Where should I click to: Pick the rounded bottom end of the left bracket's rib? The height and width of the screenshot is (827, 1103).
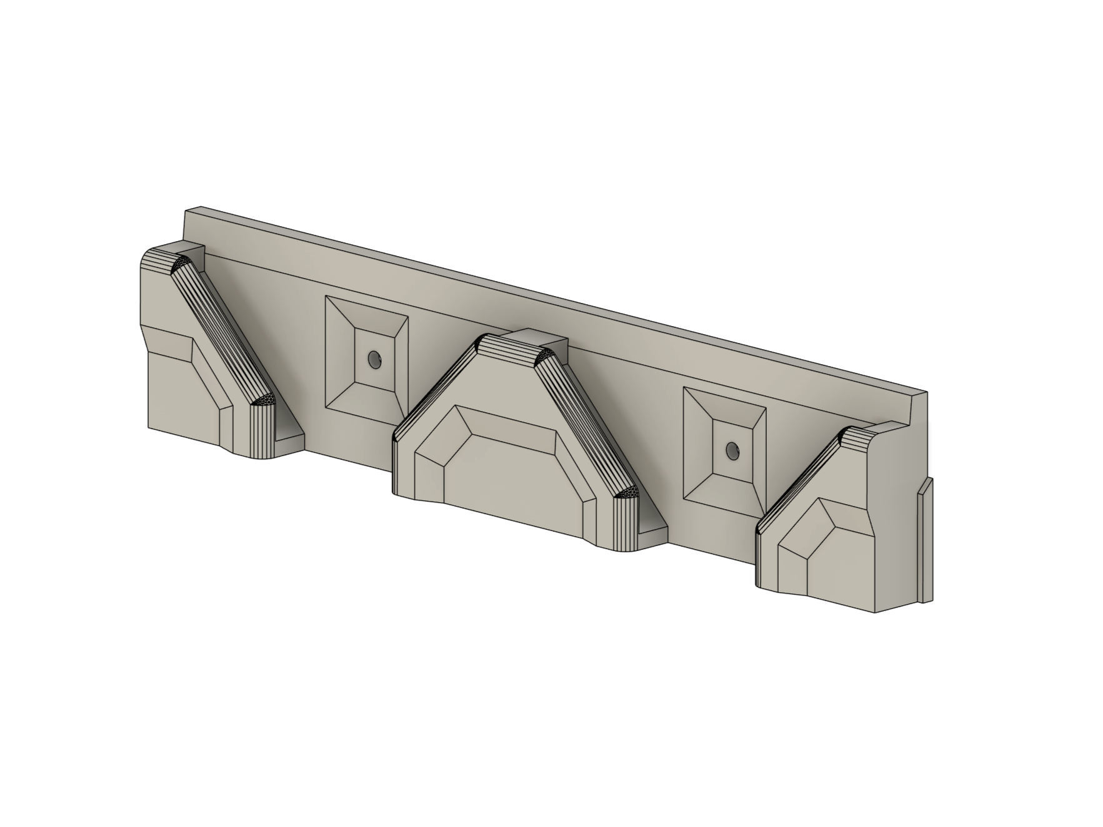263,431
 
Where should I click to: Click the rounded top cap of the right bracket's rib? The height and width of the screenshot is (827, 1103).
859,437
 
